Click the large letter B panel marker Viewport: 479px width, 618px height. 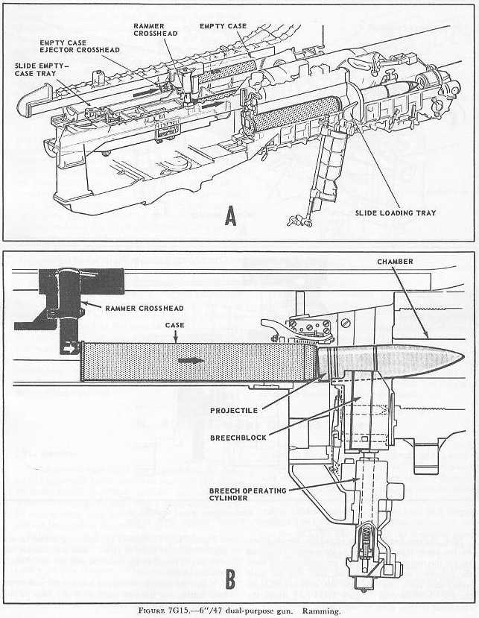[x=231, y=578]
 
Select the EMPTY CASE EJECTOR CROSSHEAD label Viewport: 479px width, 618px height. [x=70, y=46]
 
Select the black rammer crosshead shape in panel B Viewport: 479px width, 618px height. [x=71, y=294]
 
